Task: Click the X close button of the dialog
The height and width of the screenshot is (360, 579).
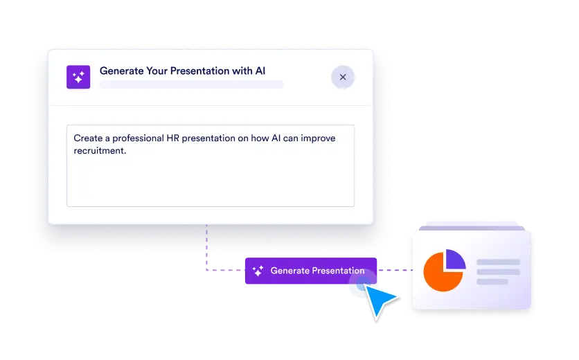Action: [x=343, y=77]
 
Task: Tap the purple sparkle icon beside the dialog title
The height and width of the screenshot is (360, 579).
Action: [x=78, y=77]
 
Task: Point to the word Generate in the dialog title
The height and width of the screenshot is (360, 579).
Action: [x=123, y=71]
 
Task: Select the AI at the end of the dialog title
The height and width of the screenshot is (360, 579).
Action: [x=259, y=71]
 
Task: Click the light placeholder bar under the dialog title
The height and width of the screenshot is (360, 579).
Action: [x=191, y=85]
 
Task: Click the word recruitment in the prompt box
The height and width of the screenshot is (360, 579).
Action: [x=100, y=150]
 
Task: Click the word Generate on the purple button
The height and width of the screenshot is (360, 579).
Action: [x=289, y=271]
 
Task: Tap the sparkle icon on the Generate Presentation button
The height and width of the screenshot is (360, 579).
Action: [x=258, y=271]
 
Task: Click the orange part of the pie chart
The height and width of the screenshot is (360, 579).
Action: [x=440, y=273]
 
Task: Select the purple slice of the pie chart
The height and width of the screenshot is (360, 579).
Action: [x=455, y=259]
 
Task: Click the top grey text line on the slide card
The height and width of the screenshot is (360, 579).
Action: [x=498, y=262]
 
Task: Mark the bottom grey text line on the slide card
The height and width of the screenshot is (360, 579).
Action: [x=492, y=282]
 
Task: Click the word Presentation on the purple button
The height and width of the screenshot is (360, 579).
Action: [x=337, y=271]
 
